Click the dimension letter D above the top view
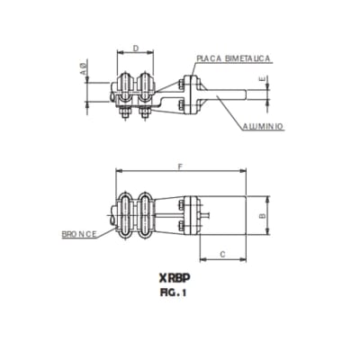pyautogui.click(x=135, y=47)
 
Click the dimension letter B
pyautogui.click(x=261, y=216)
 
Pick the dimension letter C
pyautogui.click(x=222, y=256)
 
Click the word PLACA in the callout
pyautogui.click(x=209, y=58)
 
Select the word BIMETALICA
pyautogui.click(x=247, y=58)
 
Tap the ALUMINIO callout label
pyautogui.click(x=263, y=127)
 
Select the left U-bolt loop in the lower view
pyautogui.click(x=127, y=216)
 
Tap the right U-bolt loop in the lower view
pyautogui.click(x=144, y=216)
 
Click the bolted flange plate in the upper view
pyautogui.click(x=184, y=94)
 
